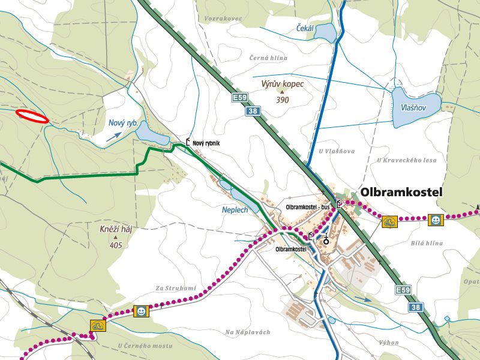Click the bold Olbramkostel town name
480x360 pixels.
pos(401,192)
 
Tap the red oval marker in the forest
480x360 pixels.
pos(32,116)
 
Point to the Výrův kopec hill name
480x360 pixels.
pos(283,85)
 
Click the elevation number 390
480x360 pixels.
pos(283,100)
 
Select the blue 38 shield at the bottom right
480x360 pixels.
pos(416,307)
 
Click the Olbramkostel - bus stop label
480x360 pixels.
pos(308,206)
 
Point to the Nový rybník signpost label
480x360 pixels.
pos(208,143)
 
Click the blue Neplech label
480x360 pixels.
pos(235,211)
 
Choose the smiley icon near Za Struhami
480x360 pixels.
pos(141,311)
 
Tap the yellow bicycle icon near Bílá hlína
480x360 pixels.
pos(390,222)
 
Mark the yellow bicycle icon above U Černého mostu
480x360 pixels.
pos(98,326)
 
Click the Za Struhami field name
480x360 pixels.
pos(175,289)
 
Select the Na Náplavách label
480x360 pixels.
pos(248,332)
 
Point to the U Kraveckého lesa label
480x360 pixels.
pos(407,160)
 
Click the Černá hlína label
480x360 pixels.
pos(268,58)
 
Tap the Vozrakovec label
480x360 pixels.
pos(223,19)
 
